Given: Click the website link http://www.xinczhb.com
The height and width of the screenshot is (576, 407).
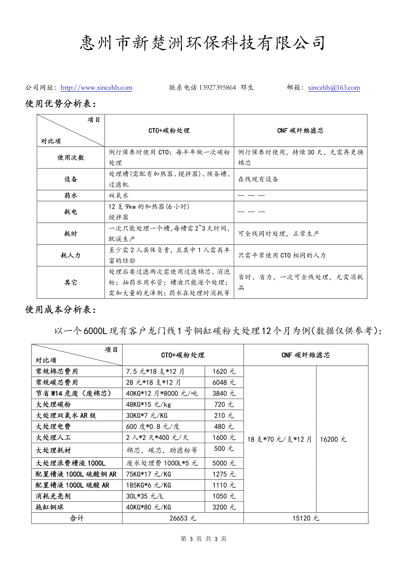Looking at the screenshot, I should coord(96,88).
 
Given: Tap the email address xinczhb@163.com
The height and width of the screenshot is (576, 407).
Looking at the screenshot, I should coord(334,88).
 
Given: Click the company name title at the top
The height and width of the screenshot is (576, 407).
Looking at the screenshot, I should coord(203,43).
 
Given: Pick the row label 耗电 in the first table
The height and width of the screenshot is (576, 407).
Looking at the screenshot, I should coord(71,212).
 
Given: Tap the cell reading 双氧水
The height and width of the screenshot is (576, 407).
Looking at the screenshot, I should coord(119,195).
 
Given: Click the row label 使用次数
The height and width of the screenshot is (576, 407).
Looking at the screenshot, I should coord(71,157).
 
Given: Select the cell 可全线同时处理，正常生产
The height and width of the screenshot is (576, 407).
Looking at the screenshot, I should coord(278,233).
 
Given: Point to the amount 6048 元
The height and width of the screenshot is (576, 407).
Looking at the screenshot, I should coord(224,382).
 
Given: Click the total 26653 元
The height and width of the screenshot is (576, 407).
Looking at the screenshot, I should coord(183,518).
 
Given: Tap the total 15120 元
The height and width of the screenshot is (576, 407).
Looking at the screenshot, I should coord(306,518).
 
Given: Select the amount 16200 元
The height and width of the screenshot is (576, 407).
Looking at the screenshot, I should coord(333,439).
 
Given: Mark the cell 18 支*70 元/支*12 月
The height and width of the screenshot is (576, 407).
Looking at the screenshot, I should coord(279,439).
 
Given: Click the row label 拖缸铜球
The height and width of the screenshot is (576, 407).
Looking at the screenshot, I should coord(50,507).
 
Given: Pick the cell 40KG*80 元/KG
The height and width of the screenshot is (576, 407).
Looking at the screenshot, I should coord(148,507).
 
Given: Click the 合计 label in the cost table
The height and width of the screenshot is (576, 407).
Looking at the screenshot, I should coord(77,518).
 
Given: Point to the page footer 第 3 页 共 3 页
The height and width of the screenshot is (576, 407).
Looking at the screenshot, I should coord(203,539).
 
